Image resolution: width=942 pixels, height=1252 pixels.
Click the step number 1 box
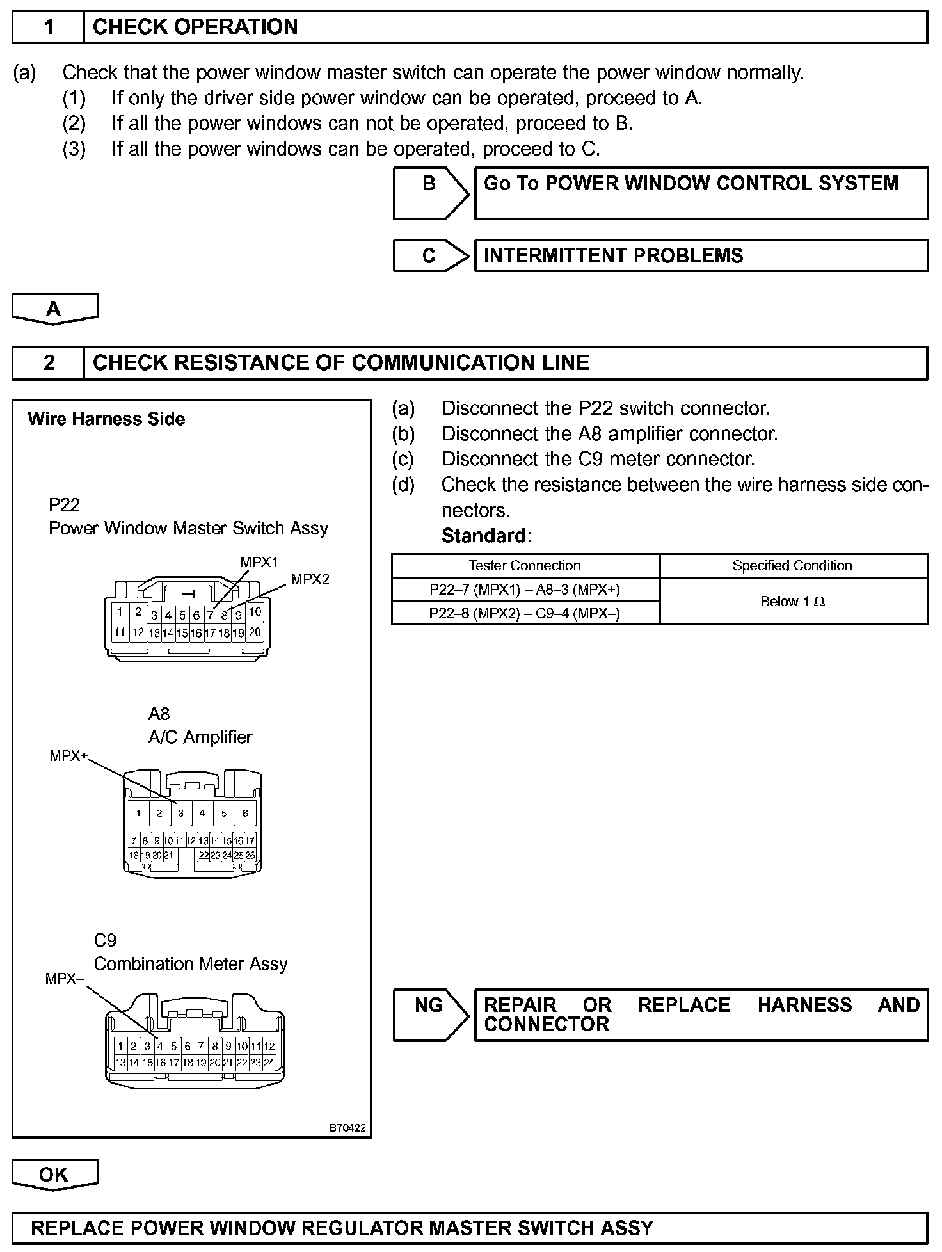[x=48, y=27]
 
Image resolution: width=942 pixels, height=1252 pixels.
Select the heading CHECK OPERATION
[x=195, y=27]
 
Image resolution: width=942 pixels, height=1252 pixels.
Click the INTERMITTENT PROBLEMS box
[x=700, y=255]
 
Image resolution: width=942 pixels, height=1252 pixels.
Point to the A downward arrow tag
[x=54, y=309]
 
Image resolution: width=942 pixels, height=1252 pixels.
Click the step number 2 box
[x=48, y=363]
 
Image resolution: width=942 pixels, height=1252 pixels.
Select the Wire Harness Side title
[x=106, y=419]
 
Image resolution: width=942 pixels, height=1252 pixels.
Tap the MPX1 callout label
[x=259, y=562]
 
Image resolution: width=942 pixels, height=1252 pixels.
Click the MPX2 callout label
[x=310, y=579]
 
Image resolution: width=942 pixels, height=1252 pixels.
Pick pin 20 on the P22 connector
[x=255, y=632]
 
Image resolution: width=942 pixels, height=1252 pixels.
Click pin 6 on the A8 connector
[x=245, y=813]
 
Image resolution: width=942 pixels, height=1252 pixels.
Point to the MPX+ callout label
[x=68, y=756]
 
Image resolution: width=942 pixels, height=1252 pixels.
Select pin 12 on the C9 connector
[x=269, y=1047]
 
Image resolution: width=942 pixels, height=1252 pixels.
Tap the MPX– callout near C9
[x=64, y=979]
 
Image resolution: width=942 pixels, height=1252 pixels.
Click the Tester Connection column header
[x=525, y=566]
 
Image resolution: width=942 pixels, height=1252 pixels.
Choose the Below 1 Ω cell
[x=792, y=601]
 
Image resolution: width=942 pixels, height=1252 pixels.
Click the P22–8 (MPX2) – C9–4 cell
[x=525, y=613]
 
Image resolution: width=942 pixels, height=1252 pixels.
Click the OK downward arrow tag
[x=54, y=1175]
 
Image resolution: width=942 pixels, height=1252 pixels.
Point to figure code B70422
[x=347, y=1128]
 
